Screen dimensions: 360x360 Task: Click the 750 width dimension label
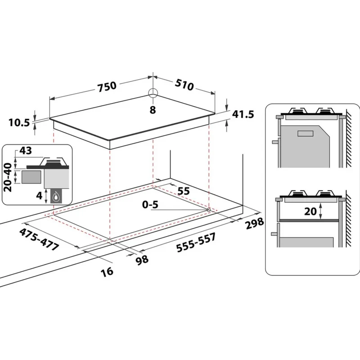[107, 86]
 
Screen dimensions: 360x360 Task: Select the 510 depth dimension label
[184, 85]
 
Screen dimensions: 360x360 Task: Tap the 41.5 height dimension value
[243, 114]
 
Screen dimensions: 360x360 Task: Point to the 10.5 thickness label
[19, 122]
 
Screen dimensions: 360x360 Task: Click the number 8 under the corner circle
[153, 110]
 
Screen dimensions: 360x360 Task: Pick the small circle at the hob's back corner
[153, 93]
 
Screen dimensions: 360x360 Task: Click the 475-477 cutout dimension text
[39, 239]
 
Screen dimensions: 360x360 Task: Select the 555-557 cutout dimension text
[196, 243]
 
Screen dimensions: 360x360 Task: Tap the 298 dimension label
[255, 223]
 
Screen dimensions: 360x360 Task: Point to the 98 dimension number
[142, 261]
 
